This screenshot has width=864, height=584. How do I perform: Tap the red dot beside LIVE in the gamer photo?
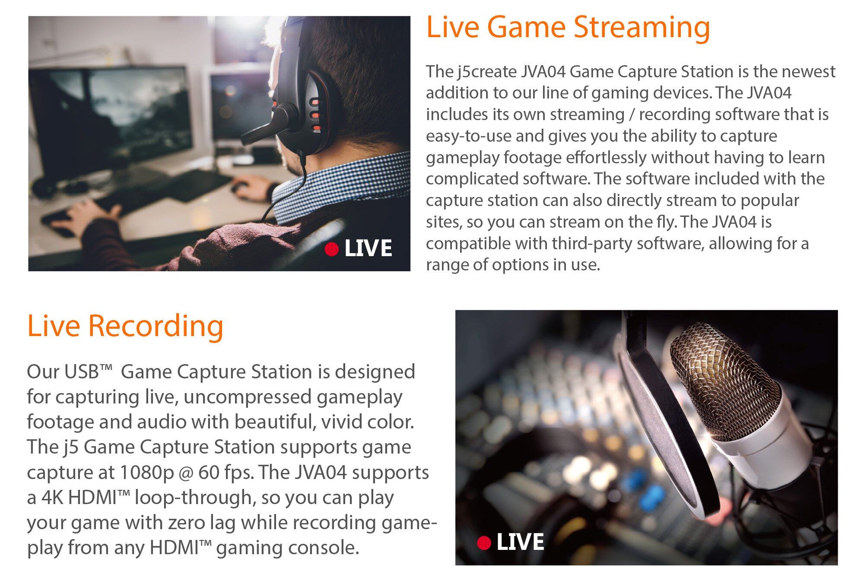click(x=331, y=249)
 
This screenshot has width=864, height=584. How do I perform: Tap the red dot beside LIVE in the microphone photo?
click(x=484, y=543)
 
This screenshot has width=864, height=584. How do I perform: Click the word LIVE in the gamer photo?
click(x=368, y=248)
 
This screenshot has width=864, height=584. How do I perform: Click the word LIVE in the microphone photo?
click(x=520, y=543)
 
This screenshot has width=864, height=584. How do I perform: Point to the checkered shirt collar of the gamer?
click(x=341, y=186)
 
